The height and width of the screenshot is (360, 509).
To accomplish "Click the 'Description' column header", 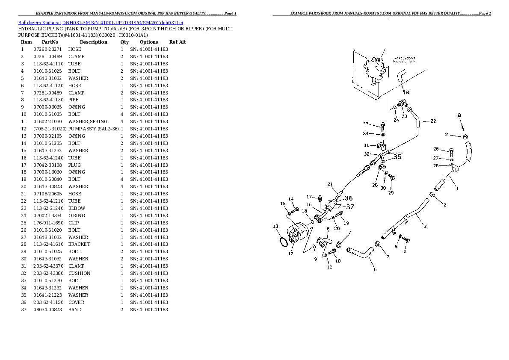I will click(93, 42).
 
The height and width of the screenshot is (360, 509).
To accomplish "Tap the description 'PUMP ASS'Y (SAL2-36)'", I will click(93, 129).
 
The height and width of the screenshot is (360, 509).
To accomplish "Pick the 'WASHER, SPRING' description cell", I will click(88, 121).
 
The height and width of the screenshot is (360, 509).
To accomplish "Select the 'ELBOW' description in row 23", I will click(77, 208).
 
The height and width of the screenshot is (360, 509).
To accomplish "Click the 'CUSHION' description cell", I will click(79, 273).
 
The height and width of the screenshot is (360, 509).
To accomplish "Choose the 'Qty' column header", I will click(124, 42).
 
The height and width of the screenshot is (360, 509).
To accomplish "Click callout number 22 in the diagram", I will click(433, 121).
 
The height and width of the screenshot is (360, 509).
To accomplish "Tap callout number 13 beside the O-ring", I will click(275, 226).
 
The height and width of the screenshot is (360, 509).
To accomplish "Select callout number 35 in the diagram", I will click(397, 157).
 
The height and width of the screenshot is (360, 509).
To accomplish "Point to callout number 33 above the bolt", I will click(366, 124).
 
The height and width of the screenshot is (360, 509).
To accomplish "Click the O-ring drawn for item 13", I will click(283, 242).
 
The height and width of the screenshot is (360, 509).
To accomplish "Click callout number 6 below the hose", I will click(375, 269).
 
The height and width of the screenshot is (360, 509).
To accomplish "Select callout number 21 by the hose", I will click(330, 184).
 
